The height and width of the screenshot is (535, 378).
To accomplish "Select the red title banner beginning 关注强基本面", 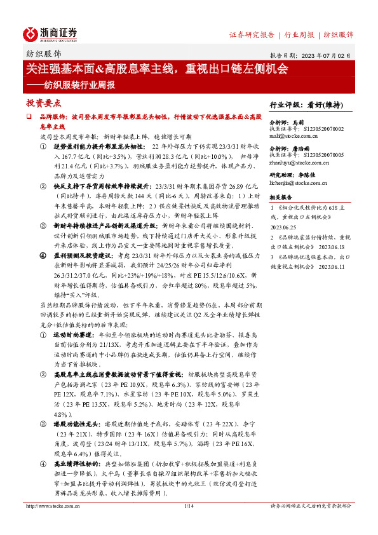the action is pyautogui.click(x=157, y=68).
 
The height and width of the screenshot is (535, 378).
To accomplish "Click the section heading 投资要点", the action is pyautogui.click(x=44, y=103).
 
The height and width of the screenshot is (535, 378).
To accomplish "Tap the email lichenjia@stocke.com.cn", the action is pyautogui.click(x=300, y=183).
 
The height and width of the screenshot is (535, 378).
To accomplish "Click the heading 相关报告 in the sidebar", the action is pyautogui.click(x=281, y=198).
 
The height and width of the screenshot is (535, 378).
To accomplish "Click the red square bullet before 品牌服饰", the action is pyautogui.click(x=29, y=118).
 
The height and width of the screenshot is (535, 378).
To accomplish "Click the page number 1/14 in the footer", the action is pyautogui.click(x=188, y=506).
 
